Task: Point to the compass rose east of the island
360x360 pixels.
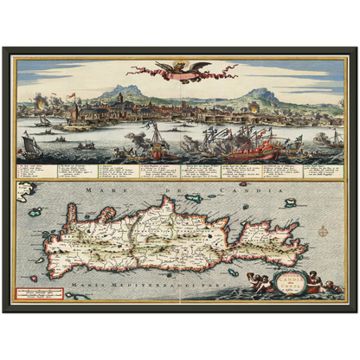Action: point(323,211)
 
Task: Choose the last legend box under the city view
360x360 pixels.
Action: point(325,170)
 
